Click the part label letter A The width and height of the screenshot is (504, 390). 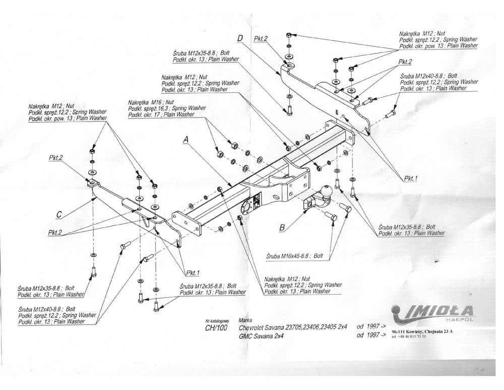click(x=186, y=140)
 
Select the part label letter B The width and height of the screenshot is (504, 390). click(x=282, y=228)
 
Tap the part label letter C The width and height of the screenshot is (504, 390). click(x=59, y=214)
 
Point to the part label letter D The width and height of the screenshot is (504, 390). click(x=240, y=38)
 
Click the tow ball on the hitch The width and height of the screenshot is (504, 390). click(x=324, y=192)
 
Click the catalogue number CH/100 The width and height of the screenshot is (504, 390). click(x=217, y=328)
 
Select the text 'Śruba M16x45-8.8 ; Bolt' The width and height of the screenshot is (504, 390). click(x=295, y=256)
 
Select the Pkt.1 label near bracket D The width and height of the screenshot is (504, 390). click(x=411, y=179)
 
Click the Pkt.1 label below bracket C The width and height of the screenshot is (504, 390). click(x=193, y=273)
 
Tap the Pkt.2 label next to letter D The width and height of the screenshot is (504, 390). click(x=261, y=38)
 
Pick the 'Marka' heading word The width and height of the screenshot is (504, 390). click(x=245, y=320)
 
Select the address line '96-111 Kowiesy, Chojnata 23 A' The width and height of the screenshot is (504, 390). click(x=422, y=331)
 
